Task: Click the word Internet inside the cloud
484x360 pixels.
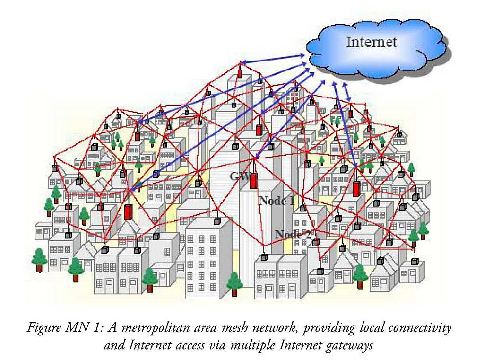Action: pyautogui.click(x=372, y=42)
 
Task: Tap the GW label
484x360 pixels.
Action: pyautogui.click(x=239, y=176)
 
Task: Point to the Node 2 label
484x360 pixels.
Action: pyautogui.click(x=294, y=234)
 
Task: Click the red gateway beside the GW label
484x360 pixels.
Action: pyautogui.click(x=253, y=180)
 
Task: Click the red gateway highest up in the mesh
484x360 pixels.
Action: pyautogui.click(x=240, y=73)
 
